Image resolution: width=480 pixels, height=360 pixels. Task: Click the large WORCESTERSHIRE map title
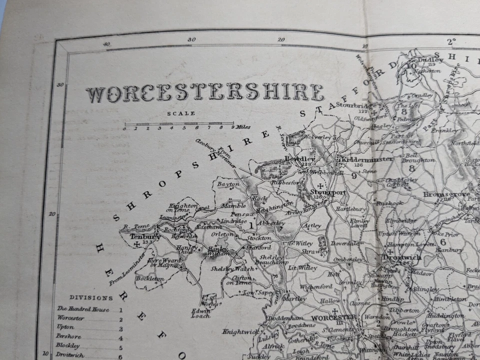click(204, 93)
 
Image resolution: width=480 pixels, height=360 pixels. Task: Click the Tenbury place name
click(145, 237)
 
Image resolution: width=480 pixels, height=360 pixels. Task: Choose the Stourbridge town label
click(355, 105)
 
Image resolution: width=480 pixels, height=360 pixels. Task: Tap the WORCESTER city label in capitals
click(333, 317)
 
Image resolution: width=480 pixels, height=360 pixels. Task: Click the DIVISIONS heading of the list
click(91, 297)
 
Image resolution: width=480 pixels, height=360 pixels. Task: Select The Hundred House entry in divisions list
click(82, 309)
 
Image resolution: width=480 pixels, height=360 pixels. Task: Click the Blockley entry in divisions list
click(68, 345)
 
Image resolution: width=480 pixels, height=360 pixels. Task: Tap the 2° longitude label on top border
click(451, 41)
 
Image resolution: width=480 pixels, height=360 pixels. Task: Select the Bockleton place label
click(149, 278)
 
